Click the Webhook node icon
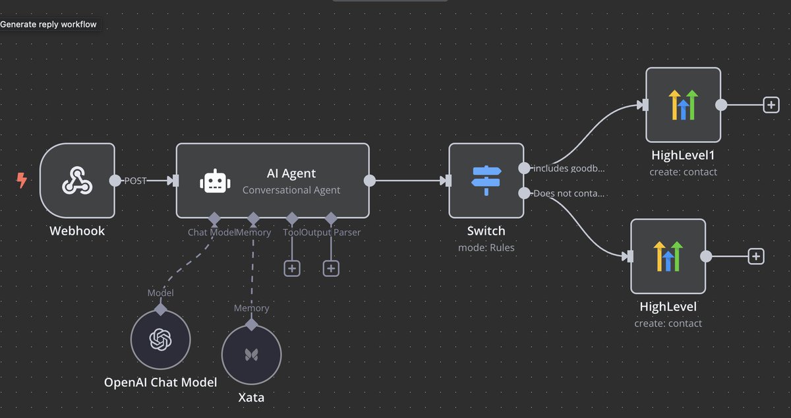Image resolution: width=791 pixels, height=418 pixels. [x=76, y=180]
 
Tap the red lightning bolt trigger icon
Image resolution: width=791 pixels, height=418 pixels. [x=22, y=180]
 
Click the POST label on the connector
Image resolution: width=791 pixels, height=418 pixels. [x=135, y=181]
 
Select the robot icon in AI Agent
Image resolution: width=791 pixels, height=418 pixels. [x=215, y=181]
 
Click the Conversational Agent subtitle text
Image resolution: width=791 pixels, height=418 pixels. [x=291, y=190]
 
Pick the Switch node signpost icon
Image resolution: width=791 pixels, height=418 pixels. [x=486, y=180]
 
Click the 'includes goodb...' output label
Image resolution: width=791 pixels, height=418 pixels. [x=569, y=168]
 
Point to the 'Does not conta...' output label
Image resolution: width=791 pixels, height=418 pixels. [x=569, y=193]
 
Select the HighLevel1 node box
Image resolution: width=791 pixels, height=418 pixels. [x=683, y=105]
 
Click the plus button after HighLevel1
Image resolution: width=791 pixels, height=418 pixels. [x=771, y=105]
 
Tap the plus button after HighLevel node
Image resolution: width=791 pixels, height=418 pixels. [x=756, y=256]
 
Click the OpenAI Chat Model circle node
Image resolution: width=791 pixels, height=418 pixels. [x=160, y=340]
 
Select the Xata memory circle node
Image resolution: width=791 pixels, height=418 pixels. [x=251, y=354]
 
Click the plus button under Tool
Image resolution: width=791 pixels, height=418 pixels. [x=292, y=268]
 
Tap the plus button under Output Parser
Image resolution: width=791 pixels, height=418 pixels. [x=331, y=268]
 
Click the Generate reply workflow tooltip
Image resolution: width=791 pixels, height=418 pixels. [x=49, y=24]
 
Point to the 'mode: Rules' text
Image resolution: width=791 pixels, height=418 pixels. [x=486, y=248]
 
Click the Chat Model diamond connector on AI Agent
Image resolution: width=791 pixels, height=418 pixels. [x=214, y=218]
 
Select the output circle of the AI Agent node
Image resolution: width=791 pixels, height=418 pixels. [x=370, y=180]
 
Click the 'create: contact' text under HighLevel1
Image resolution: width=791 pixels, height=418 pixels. [x=683, y=172]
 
